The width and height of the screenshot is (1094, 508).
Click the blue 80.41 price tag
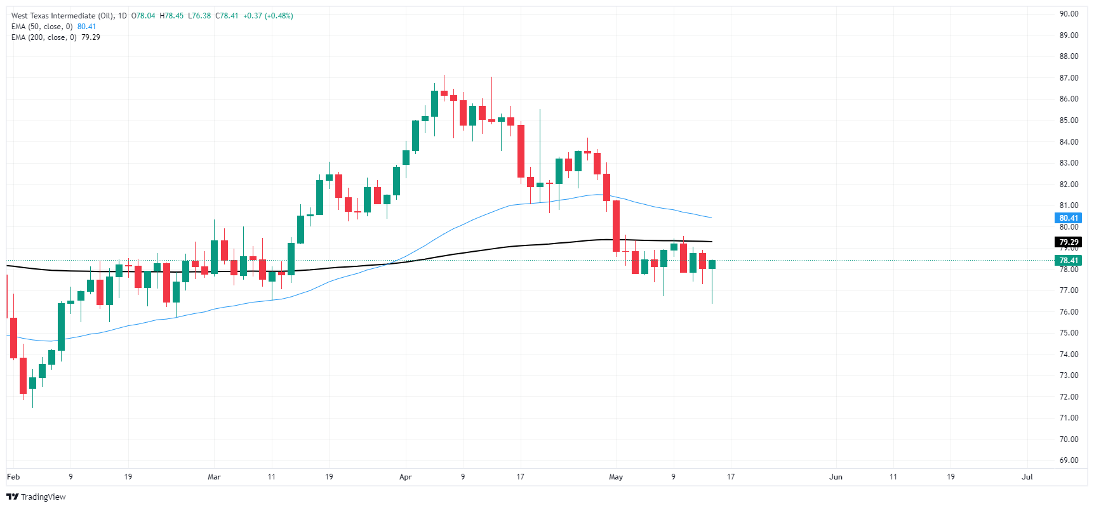(1069, 218)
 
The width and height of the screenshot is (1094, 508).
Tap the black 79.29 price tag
(1069, 242)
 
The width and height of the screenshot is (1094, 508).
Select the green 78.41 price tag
(1069, 261)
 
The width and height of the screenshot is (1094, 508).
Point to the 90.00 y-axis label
(1069, 14)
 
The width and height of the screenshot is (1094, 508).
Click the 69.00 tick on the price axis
(1069, 460)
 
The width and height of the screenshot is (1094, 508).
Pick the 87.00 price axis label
(1069, 78)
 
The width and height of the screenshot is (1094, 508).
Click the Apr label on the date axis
(406, 477)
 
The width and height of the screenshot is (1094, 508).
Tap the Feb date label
(13, 477)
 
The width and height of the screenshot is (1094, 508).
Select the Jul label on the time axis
(1027, 477)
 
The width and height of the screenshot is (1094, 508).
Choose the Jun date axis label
(836, 477)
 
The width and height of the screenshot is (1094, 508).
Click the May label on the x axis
(616, 477)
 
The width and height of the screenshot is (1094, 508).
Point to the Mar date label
(214, 477)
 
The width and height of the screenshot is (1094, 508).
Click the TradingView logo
(36, 497)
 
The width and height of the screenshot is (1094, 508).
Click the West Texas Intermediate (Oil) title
(62, 16)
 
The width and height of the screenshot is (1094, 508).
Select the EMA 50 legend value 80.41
(87, 27)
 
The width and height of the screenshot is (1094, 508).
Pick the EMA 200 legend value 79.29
(91, 37)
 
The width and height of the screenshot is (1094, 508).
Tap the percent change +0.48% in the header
(279, 16)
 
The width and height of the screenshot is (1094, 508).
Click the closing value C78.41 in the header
(227, 16)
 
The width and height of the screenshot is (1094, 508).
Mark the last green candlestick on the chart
(712, 264)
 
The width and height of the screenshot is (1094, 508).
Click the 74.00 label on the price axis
(1069, 355)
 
